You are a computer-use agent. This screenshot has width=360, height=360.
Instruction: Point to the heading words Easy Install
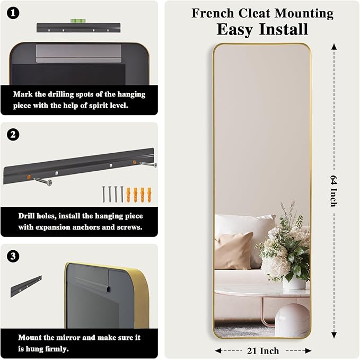coord(262,29)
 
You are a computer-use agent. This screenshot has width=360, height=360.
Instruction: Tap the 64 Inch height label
coord(334,190)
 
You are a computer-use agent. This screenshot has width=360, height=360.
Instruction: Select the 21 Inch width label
coord(263,350)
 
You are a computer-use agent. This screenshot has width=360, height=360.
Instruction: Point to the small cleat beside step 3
coord(26,286)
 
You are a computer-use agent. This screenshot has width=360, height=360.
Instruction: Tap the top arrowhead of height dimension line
coord(334,46)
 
